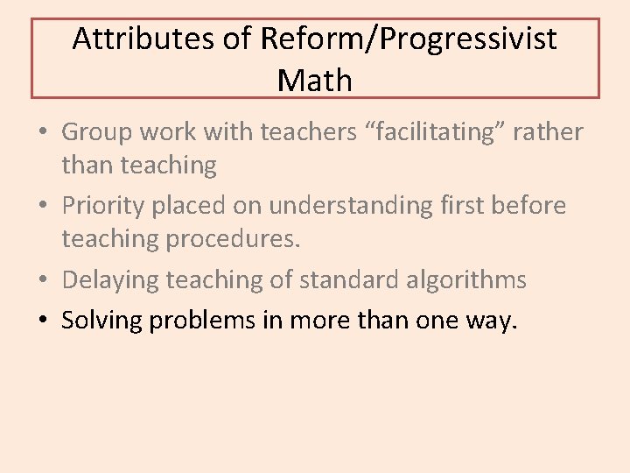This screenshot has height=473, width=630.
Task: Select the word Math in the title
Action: coord(315,81)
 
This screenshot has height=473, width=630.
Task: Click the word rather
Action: coord(548,132)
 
